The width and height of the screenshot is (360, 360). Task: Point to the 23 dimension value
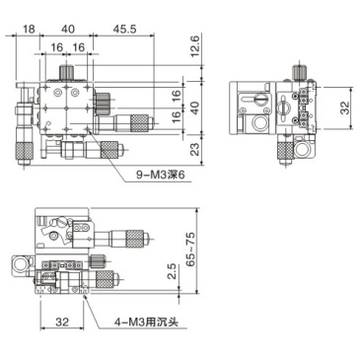coord(195,149)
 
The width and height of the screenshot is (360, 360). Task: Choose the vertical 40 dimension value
coord(195,107)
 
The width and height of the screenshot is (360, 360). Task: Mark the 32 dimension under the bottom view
coord(60,322)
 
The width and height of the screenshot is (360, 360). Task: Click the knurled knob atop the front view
coord(68,72)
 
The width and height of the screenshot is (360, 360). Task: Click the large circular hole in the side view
coord(260,123)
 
